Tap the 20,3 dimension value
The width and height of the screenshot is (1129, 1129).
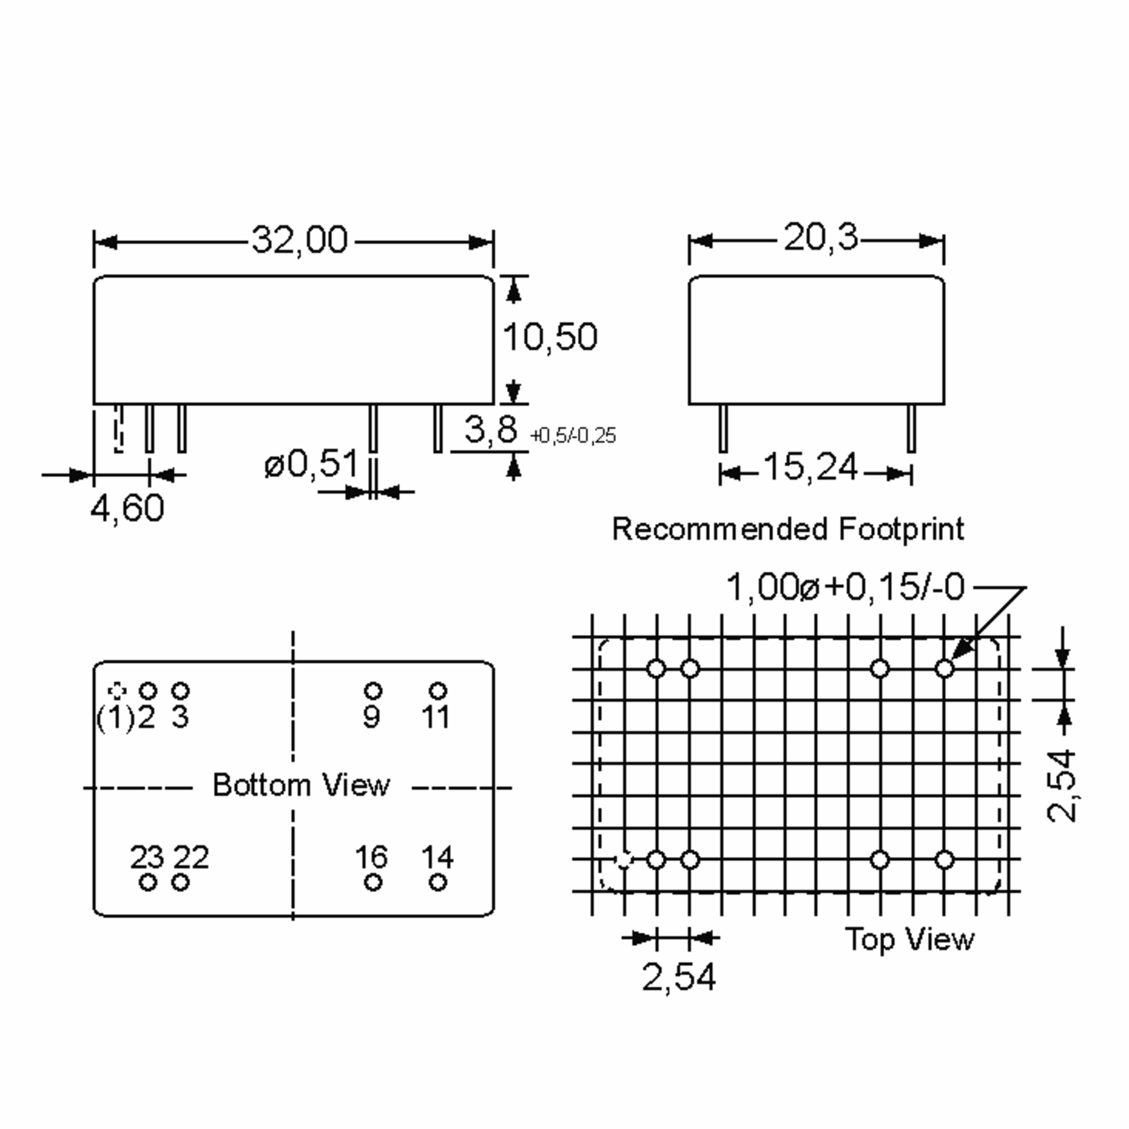(x=820, y=238)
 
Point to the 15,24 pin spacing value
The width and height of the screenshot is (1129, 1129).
(x=811, y=468)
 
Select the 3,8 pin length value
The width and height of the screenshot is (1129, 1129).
(x=491, y=429)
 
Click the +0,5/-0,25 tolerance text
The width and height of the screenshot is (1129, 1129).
(x=572, y=436)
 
